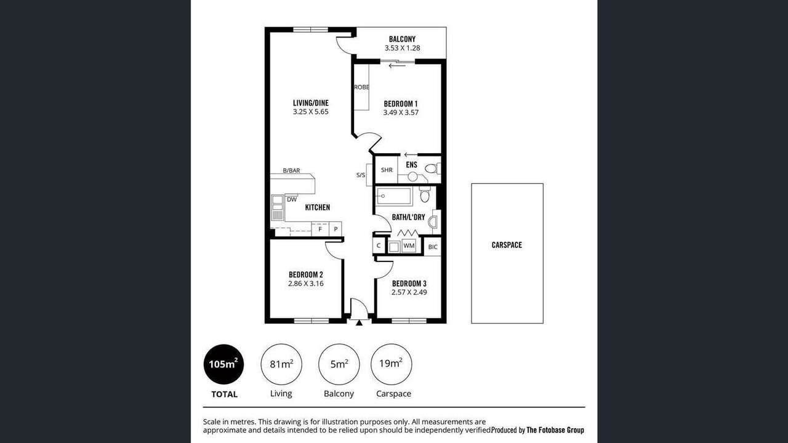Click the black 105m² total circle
[223, 364]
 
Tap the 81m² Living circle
[281, 364]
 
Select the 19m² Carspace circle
[391, 364]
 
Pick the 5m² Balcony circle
[339, 364]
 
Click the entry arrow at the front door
[359, 322]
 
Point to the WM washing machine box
[409, 245]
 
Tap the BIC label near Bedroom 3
[433, 247]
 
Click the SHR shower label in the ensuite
[387, 170]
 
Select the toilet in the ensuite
[432, 169]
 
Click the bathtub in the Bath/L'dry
[394, 196]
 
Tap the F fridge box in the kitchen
[320, 229]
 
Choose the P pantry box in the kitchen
[336, 229]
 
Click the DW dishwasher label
[292, 200]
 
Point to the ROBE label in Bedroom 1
[361, 87]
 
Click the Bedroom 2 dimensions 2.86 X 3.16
[306, 284]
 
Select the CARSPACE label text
[507, 245]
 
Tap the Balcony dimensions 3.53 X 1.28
[402, 48]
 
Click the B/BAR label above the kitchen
[292, 170]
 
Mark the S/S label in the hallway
[361, 175]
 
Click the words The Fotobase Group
[555, 430]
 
